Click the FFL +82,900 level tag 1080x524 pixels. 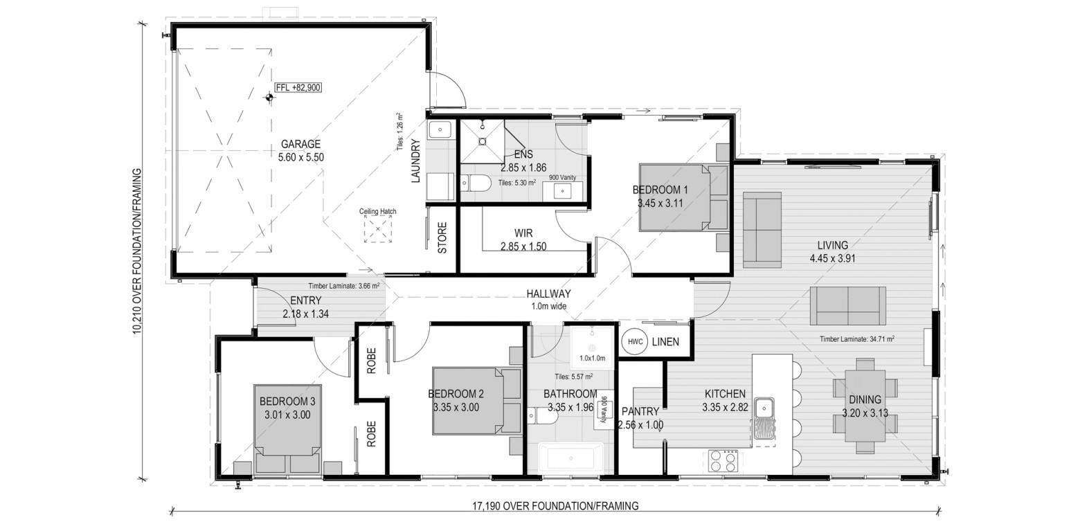pyautogui.click(x=298, y=88)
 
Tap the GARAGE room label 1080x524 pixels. pyautogui.click(x=301, y=144)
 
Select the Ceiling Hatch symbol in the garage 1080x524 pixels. pyautogui.click(x=378, y=229)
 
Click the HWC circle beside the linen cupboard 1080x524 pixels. pyautogui.click(x=635, y=342)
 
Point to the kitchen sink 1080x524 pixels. pyautogui.click(x=764, y=418)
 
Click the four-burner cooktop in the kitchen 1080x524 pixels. pyautogui.click(x=723, y=461)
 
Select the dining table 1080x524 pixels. pyautogui.click(x=865, y=406)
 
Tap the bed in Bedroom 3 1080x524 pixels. pyautogui.click(x=288, y=428)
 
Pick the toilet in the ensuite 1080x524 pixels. pyautogui.click(x=476, y=183)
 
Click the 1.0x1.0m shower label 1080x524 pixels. pyautogui.click(x=592, y=358)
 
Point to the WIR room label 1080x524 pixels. pyautogui.click(x=523, y=233)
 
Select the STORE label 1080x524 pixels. pyautogui.click(x=442, y=238)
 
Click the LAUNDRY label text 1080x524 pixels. pyautogui.click(x=415, y=161)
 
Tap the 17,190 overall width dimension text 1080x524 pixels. pyautogui.click(x=555, y=506)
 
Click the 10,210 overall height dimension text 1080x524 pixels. pyautogui.click(x=137, y=251)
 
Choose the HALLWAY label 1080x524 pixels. pyautogui.click(x=549, y=293)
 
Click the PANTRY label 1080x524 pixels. pyautogui.click(x=640, y=412)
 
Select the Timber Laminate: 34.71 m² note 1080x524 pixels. pyautogui.click(x=857, y=339)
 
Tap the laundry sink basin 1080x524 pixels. pyautogui.click(x=440, y=129)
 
